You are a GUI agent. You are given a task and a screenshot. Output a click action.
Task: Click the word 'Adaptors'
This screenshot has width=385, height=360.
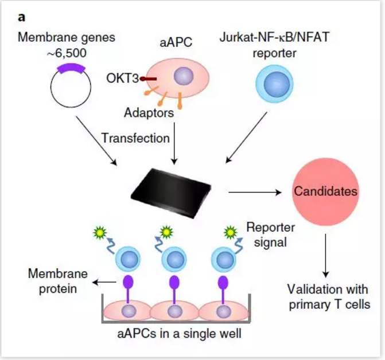point(149,113)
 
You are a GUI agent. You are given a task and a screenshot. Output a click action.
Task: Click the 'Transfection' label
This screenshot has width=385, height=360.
point(135,138)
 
